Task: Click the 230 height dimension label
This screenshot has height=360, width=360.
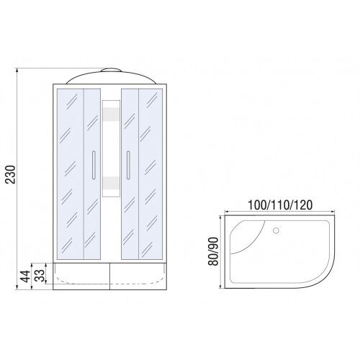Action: (11, 174)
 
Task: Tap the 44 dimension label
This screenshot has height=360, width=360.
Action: (25, 276)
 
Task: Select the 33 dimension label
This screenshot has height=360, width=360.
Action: (40, 276)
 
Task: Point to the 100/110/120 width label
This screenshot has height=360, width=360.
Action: (280, 205)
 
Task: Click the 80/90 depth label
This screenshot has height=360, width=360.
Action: (213, 251)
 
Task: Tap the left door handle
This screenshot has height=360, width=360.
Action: (94, 165)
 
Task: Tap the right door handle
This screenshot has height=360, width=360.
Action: (128, 165)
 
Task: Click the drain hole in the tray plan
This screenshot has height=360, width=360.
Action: (276, 230)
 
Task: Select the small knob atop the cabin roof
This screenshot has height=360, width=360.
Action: (111, 70)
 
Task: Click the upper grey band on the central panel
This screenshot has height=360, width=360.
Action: (111, 114)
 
